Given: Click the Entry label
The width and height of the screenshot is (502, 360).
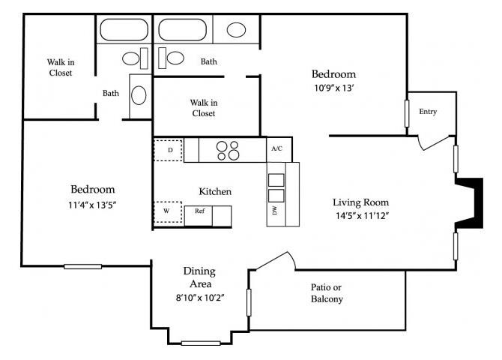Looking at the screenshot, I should click(428, 112).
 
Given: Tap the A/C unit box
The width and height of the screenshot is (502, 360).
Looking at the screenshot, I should click(276, 149).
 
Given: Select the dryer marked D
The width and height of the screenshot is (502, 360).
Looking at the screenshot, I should click(169, 150).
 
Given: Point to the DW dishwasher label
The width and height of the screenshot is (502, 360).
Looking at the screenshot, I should click(274, 212).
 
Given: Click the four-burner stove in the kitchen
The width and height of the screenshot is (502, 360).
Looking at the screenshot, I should click(229, 150).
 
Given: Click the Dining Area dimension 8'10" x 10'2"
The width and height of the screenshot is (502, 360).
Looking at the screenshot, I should click(199, 298).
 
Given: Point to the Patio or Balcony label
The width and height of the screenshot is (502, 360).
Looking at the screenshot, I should click(327, 293).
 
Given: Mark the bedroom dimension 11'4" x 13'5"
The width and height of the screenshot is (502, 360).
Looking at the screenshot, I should click(93, 204).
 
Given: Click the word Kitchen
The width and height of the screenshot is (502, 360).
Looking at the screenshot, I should click(215, 191).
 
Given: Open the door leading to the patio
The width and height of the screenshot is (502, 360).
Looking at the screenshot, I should click(273, 259).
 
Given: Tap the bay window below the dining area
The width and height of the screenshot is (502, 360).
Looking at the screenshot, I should click(201, 343).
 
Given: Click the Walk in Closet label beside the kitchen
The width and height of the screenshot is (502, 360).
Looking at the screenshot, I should click(202, 107).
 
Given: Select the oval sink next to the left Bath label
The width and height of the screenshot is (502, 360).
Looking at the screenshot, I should click(139, 95).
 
